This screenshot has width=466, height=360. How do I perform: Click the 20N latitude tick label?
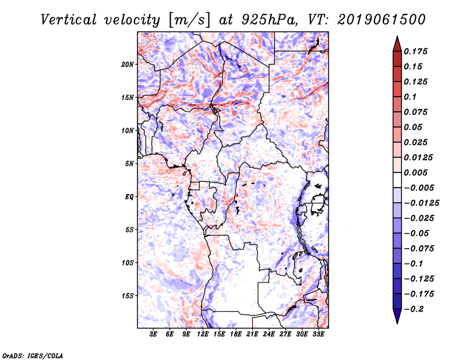point(128,64)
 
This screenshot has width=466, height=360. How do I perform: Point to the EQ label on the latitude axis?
point(129,196)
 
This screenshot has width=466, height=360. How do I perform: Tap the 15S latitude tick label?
point(128,295)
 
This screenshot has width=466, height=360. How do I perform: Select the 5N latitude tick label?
point(129,163)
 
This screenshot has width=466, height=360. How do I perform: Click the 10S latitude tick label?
point(128,263)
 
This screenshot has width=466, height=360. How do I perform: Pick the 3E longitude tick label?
point(154,335)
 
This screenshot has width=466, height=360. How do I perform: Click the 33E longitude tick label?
point(318,335)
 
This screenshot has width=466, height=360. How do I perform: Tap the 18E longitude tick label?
point(236,335)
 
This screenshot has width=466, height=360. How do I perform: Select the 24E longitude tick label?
point(269,335)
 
